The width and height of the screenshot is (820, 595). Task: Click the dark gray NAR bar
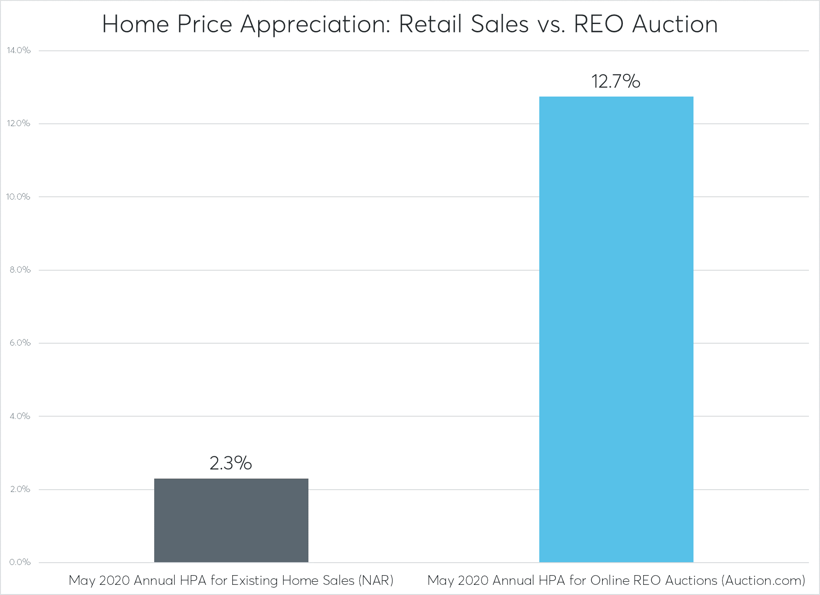pyautogui.click(x=231, y=520)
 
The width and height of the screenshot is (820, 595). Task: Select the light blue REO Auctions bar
pyautogui.click(x=616, y=329)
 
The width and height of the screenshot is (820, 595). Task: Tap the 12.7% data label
pyautogui.click(x=615, y=81)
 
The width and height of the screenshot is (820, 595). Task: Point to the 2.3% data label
pyautogui.click(x=230, y=463)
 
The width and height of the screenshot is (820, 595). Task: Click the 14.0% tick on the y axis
pyautogui.click(x=18, y=50)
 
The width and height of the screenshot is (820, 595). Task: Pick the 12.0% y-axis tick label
pyautogui.click(x=18, y=123)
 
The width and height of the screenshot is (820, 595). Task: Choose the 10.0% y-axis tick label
pyautogui.click(x=18, y=197)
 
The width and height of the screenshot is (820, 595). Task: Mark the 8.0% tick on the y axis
pyautogui.click(x=20, y=270)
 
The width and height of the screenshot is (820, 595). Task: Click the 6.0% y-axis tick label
pyautogui.click(x=20, y=343)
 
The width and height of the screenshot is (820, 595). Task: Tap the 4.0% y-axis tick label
pyautogui.click(x=20, y=416)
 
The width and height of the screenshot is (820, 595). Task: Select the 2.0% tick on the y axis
pyautogui.click(x=20, y=489)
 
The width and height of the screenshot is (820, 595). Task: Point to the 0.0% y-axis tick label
pyautogui.click(x=20, y=562)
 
